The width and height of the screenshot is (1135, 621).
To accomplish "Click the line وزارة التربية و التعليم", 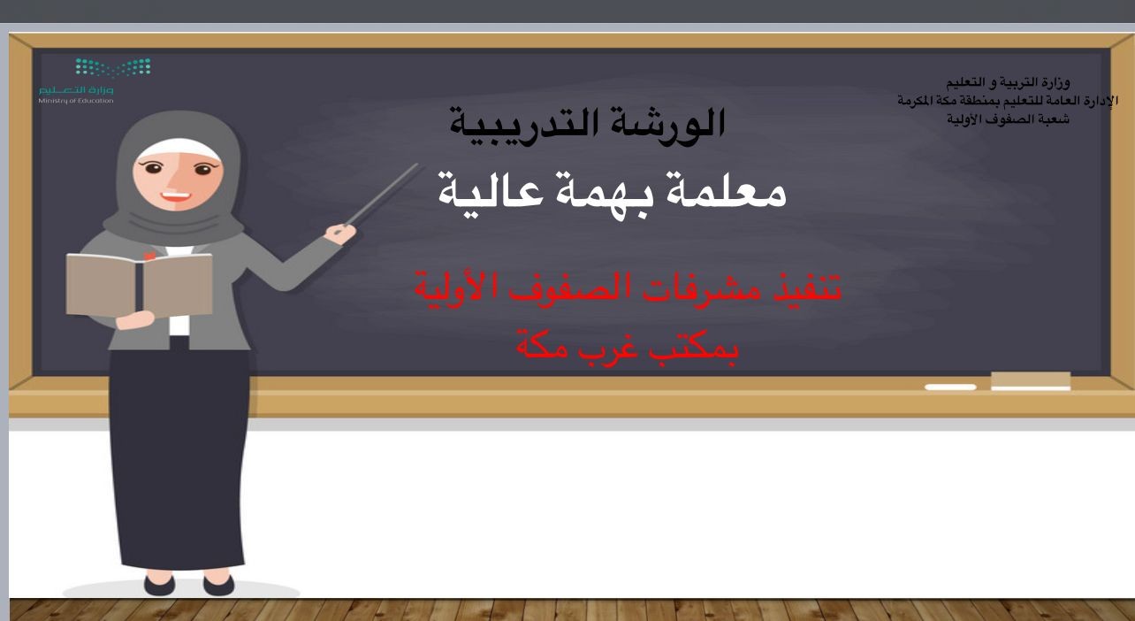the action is tap(1008, 82).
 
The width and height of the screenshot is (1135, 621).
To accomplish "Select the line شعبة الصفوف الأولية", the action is tap(1008, 119).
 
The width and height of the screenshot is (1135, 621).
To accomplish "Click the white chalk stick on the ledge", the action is tap(950, 387).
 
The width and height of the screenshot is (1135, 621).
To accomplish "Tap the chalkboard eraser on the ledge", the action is tap(1031, 381).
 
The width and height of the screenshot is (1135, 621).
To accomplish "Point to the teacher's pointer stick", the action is tap(384, 194).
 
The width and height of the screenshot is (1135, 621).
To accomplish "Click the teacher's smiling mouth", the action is tap(175, 196).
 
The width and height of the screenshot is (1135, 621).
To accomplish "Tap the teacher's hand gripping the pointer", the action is tap(340, 234).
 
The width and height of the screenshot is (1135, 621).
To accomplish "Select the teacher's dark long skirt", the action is tap(179, 456).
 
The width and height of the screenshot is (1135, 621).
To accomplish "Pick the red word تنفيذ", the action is tap(805, 287).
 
